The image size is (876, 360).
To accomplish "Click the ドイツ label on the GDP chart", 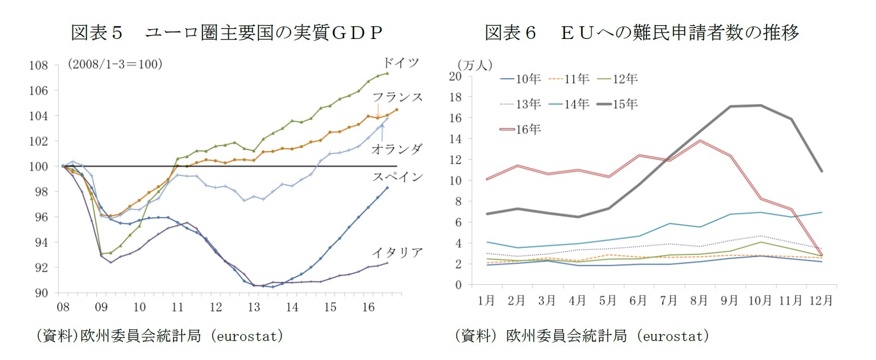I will [x=400, y=63].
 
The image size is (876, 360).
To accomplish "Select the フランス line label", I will [x=397, y=97].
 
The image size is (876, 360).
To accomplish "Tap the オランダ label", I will [x=397, y=149].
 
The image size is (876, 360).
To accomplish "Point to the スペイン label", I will [x=397, y=177].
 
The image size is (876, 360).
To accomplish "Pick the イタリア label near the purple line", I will [x=397, y=253].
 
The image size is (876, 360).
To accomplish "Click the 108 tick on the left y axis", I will [x=38, y=66].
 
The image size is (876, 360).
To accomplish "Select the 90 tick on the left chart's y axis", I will [x=41, y=293].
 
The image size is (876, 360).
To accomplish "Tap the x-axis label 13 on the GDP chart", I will [x=254, y=307].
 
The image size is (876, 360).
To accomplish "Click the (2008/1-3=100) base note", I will [x=115, y=64].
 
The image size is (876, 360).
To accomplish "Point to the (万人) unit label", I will [x=475, y=65].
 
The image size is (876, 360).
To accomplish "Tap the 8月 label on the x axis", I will [x=699, y=300].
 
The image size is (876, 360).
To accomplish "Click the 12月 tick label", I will [x=820, y=300].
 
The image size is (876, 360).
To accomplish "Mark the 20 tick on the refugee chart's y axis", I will [x=455, y=76].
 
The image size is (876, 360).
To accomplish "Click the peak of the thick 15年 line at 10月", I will [x=760, y=106].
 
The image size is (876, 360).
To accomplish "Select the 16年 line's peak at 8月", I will [x=700, y=141].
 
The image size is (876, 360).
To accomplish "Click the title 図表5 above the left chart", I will [x=96, y=33].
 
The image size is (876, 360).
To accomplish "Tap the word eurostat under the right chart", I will [x=674, y=336].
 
